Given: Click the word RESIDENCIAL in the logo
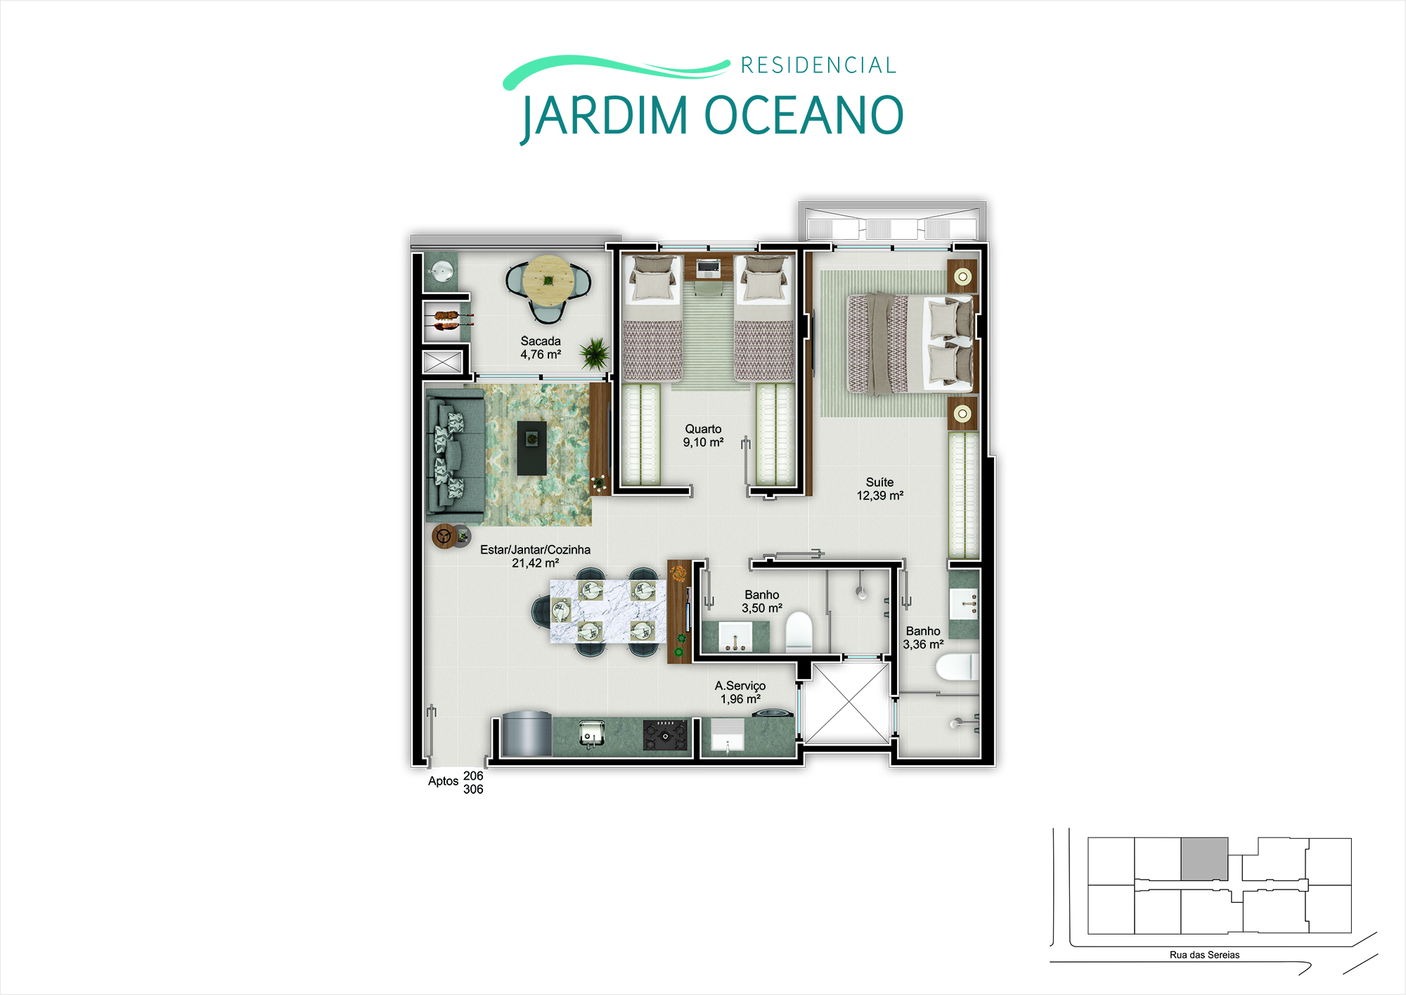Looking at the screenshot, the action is click(818, 65).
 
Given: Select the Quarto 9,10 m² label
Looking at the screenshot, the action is click(703, 435).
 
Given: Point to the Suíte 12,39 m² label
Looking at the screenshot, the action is click(879, 489).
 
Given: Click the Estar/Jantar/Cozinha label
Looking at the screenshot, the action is click(535, 550).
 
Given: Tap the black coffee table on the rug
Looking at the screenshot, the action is click(531, 448).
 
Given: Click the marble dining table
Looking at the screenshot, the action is click(607, 611).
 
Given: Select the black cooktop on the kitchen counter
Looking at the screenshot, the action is click(664, 735).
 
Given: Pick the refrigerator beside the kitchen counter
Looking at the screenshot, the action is click(527, 733).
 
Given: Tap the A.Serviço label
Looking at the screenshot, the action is click(740, 686).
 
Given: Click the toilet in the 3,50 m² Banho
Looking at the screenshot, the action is click(799, 631).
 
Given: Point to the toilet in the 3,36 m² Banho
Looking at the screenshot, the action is click(957, 667).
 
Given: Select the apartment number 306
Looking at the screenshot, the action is click(473, 789).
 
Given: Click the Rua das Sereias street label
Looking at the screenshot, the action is click(1204, 955).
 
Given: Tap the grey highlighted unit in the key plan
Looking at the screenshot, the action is click(1204, 859).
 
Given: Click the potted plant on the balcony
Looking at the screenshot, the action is click(595, 353).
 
